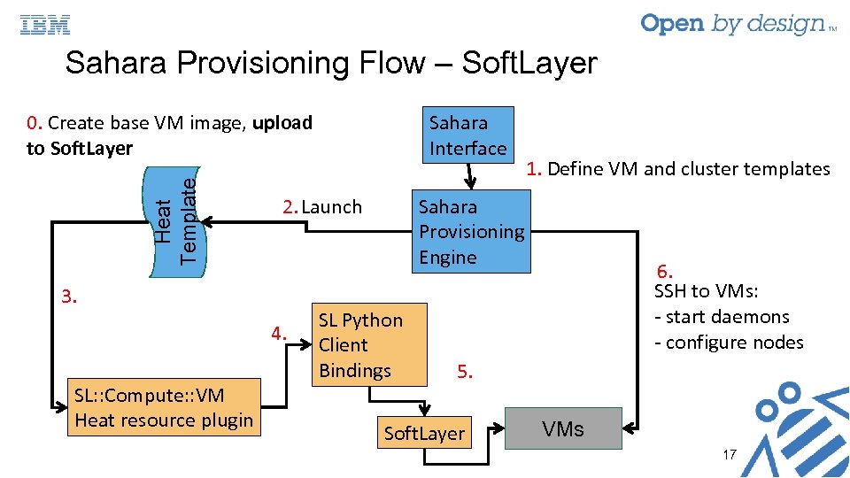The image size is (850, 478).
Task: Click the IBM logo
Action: pyautogui.click(x=45, y=26)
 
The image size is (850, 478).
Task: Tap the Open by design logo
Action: pyautogui.click(x=736, y=24)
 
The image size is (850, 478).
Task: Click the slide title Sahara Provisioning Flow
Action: pyautogui.click(x=331, y=64)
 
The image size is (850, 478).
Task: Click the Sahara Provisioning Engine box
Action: pyautogui.click(x=471, y=232)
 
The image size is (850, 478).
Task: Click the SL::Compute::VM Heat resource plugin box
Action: pyautogui.click(x=164, y=408)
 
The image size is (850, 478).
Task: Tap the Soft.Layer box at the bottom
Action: pyautogui.click(x=423, y=433)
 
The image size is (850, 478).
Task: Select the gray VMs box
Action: pyautogui.click(x=563, y=429)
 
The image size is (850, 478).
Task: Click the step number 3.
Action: pyautogui.click(x=70, y=297)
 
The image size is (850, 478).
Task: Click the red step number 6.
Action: pyautogui.click(x=665, y=272)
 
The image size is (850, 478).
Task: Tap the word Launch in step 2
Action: pyautogui.click(x=332, y=207)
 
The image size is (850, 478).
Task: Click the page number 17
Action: pyautogui.click(x=730, y=454)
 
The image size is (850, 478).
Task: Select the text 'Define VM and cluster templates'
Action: pyautogui.click(x=689, y=169)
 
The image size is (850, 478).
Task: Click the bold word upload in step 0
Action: pyautogui.click(x=282, y=123)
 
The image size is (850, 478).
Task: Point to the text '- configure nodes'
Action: pyautogui.click(x=729, y=343)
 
